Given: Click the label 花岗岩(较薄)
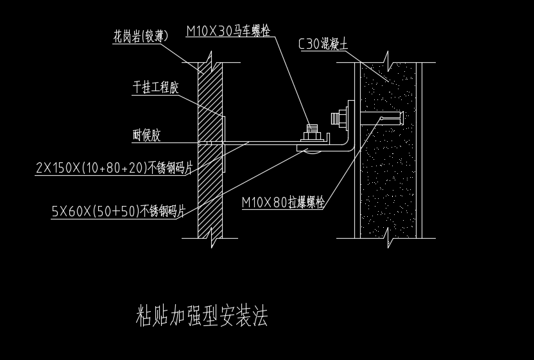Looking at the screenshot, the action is point(141,36).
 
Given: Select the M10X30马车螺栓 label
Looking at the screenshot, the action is point(228,31).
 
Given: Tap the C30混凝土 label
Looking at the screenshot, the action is point(323,44).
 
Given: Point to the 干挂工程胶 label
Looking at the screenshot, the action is point(155,87).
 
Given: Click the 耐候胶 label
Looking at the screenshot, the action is point(146,135).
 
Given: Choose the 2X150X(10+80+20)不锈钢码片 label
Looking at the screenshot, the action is point(114,168).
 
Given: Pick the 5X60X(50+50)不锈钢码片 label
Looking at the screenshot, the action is point(119,211).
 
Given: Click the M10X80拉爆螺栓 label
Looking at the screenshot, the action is point(283,202).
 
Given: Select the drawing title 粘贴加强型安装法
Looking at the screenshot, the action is point(202,316).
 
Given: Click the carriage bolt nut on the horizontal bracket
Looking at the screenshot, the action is point(313,135).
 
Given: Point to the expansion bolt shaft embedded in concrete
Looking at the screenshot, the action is point(382,118).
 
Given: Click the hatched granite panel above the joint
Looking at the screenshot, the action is point(210,102).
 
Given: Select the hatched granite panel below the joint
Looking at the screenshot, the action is point(210,191).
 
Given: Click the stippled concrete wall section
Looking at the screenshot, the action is point(388,150).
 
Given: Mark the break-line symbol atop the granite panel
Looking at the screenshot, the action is point(211,62).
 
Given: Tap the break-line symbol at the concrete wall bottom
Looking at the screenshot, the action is point(388,238).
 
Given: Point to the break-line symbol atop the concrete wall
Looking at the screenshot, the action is point(388,62).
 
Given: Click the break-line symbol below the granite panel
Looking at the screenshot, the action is point(212,238).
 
